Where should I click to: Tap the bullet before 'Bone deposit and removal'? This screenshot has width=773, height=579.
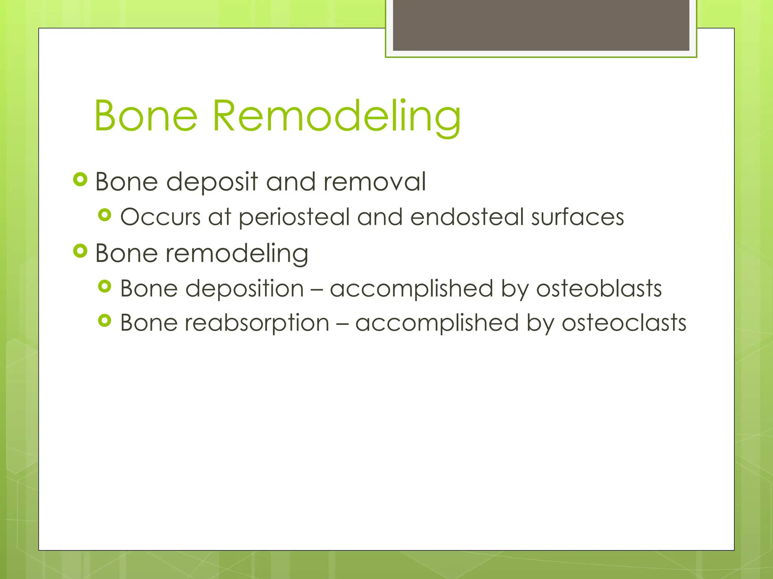click(x=80, y=179)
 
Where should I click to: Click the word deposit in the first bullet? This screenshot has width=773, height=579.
click(x=212, y=182)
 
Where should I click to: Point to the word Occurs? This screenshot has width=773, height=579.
click(x=160, y=217)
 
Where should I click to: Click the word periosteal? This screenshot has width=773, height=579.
click(x=294, y=218)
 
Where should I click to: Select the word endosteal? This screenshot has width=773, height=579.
click(x=467, y=217)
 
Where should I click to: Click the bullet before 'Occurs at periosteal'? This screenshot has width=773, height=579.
click(x=105, y=215)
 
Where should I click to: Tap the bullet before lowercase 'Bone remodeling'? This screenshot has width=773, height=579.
click(x=80, y=251)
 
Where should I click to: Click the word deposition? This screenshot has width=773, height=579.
click(x=244, y=289)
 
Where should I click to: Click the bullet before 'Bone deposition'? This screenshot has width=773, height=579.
click(x=105, y=286)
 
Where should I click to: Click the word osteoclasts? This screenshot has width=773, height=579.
click(x=624, y=323)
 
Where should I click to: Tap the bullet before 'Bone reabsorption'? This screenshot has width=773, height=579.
click(x=105, y=321)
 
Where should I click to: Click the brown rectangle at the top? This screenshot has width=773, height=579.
click(x=541, y=25)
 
